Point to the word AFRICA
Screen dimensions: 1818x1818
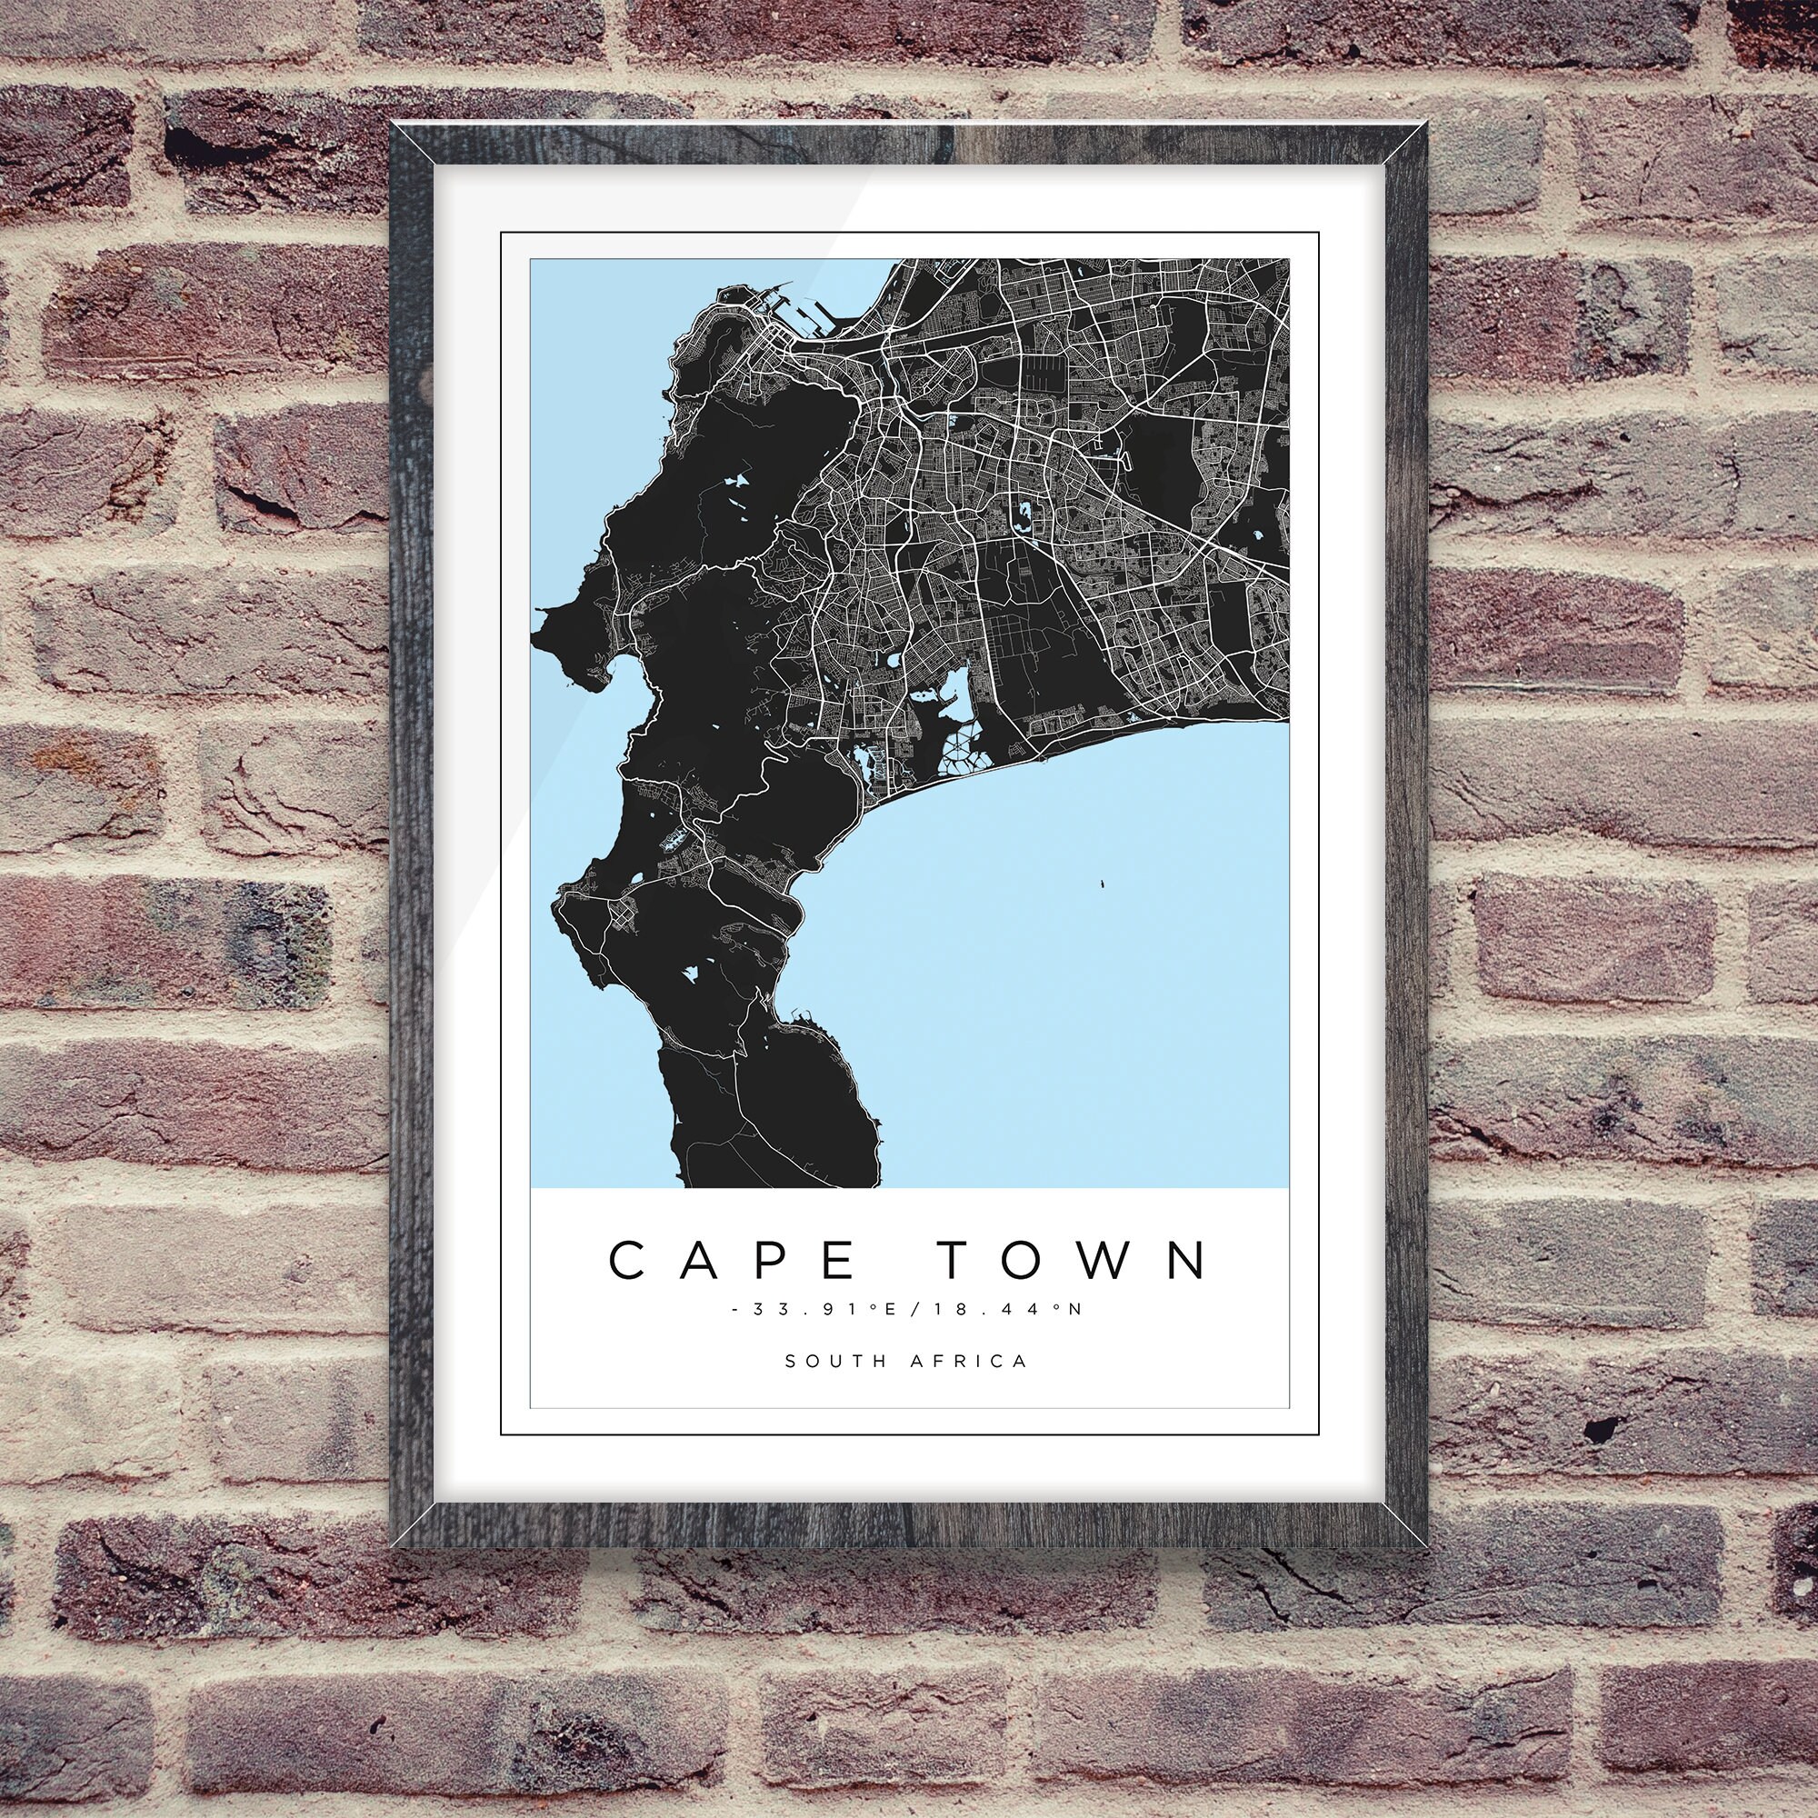(969, 1361)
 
